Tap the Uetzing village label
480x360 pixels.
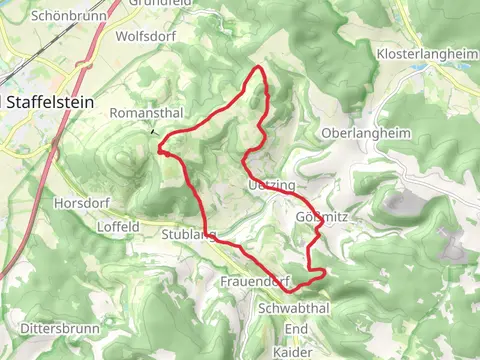coord(269,187)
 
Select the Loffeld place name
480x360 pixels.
coord(118,227)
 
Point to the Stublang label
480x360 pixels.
coord(187,236)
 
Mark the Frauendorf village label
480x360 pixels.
coord(253,283)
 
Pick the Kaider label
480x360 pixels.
coord(292,352)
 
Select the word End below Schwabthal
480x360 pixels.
coord(296,329)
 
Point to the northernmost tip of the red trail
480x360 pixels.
coord(260,67)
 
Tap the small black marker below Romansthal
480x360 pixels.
coord(153,131)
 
